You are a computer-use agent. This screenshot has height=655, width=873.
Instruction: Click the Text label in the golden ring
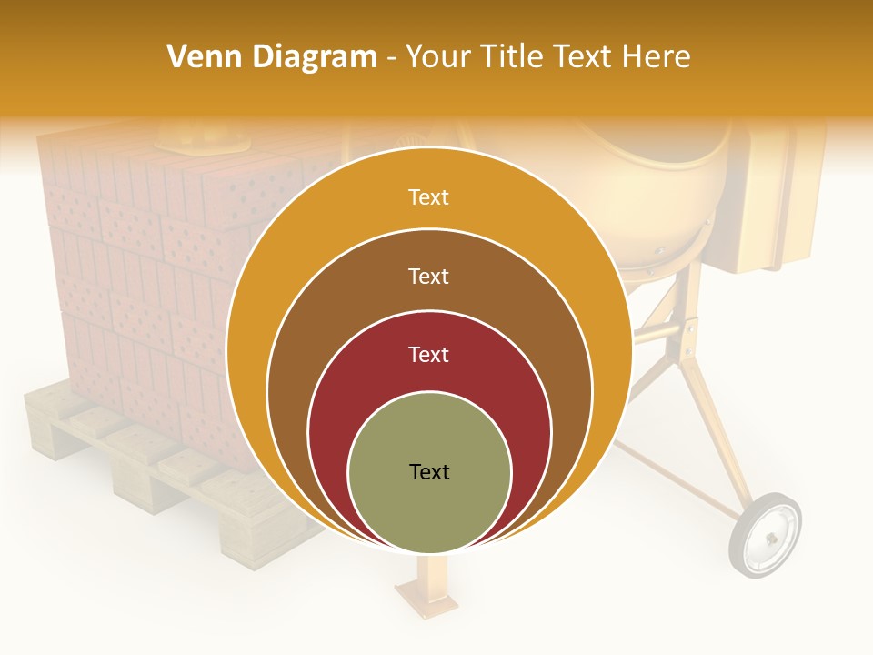(428, 197)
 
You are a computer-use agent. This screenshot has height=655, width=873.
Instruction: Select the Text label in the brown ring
(428, 276)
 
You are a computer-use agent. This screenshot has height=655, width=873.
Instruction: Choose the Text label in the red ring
(428, 354)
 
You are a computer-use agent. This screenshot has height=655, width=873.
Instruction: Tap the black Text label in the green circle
(429, 471)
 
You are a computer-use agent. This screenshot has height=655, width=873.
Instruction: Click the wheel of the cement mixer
(765, 535)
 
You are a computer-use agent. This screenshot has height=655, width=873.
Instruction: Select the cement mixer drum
(655, 191)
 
